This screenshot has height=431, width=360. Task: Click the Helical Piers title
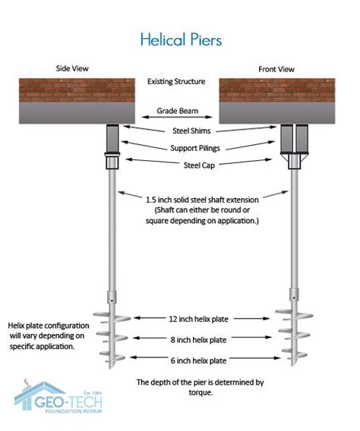click(x=181, y=39)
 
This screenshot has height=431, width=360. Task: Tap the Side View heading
click(x=72, y=68)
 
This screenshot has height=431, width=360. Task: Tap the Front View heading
click(x=276, y=69)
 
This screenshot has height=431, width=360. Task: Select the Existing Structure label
click(x=176, y=81)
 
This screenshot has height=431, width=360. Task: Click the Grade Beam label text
click(x=178, y=111)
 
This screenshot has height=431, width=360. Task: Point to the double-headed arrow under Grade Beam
click(x=177, y=118)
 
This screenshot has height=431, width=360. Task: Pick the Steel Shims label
click(x=191, y=131)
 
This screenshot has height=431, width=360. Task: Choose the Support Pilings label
click(x=195, y=148)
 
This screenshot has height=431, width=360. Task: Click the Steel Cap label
click(x=199, y=165)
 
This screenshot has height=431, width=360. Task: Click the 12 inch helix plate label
click(x=198, y=319)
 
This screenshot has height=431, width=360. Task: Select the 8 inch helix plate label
click(x=198, y=340)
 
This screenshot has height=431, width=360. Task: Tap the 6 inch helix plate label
click(x=198, y=360)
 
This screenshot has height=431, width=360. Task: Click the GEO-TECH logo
click(x=58, y=397)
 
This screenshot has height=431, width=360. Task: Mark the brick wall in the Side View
click(x=77, y=90)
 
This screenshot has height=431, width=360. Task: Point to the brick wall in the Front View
click(x=277, y=90)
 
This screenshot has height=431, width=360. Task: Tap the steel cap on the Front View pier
click(x=294, y=161)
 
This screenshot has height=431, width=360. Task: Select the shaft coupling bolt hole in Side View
click(x=112, y=301)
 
